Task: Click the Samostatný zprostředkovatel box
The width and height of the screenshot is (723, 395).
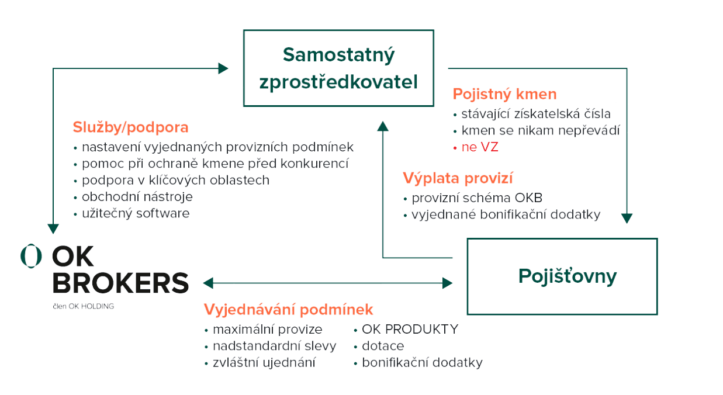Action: [x=339, y=68]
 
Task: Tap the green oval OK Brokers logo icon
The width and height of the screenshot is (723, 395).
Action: [x=31, y=255]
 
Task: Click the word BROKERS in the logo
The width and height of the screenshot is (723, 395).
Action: [x=121, y=282]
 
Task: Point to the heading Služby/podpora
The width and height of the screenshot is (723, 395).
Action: [x=130, y=127]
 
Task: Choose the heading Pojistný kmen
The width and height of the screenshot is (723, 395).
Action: [x=504, y=94]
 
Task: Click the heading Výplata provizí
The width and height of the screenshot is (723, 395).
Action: [x=458, y=178]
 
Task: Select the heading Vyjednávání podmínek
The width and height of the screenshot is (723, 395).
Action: [x=288, y=309]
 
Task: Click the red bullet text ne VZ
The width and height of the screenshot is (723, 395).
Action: [x=479, y=148]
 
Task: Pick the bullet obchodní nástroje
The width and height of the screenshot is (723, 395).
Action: [x=137, y=197]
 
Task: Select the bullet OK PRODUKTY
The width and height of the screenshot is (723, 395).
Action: [x=410, y=329]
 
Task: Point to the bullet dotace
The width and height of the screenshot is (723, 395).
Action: [x=383, y=346]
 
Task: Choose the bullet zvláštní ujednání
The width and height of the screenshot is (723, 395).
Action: [x=264, y=363]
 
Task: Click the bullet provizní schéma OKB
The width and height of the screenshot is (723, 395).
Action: [x=477, y=198]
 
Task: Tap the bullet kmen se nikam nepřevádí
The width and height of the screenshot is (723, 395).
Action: [x=540, y=130]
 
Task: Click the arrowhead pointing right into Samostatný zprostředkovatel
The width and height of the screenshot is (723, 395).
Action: [x=223, y=68]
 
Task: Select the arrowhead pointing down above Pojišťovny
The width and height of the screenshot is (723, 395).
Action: [x=627, y=219]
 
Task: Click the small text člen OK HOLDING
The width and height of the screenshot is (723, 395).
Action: [x=82, y=305]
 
